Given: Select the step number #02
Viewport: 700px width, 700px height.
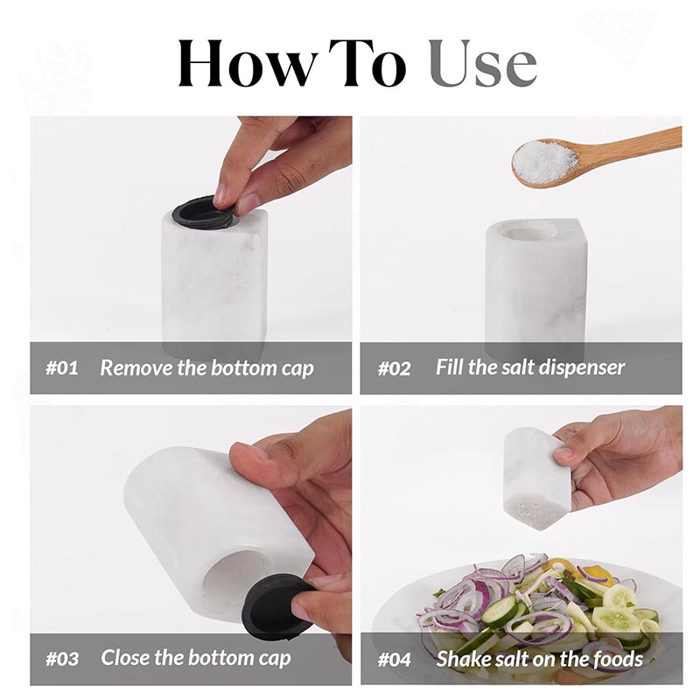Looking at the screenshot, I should (394, 367).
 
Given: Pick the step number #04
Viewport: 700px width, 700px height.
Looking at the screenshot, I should (394, 657).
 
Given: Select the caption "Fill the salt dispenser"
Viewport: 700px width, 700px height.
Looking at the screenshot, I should (530, 367).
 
